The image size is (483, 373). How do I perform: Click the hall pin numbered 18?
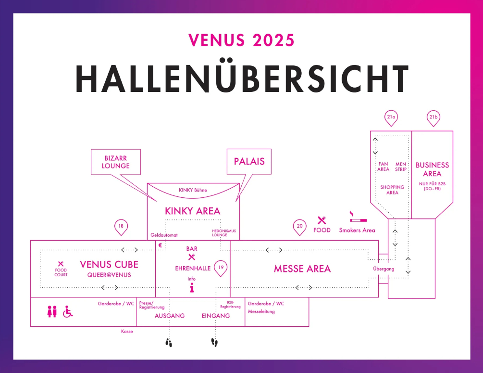coord(121,226)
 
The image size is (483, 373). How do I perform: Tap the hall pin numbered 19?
coord(220,268)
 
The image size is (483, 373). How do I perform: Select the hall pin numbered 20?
coord(300,226)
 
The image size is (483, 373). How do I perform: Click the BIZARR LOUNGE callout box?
coord(116,162)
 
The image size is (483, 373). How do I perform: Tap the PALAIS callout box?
coord(249,161)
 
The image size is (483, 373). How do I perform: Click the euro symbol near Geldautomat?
coord(160,245)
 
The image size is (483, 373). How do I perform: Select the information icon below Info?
coord(192,288)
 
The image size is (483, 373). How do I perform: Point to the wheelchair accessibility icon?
coord(68,312)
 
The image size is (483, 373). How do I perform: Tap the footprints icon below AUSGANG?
coord(169,342)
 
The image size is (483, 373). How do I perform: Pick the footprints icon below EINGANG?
coord(214,342)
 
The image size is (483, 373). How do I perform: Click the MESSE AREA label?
coord(302,269)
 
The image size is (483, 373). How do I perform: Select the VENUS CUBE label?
coord(109,264)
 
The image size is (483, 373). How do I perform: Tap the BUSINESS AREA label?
coord(432,169)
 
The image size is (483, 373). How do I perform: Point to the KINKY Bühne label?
coord(192,190)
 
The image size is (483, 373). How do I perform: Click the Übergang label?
coord(384,269)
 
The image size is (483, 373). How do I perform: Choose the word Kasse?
coord(127,332)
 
